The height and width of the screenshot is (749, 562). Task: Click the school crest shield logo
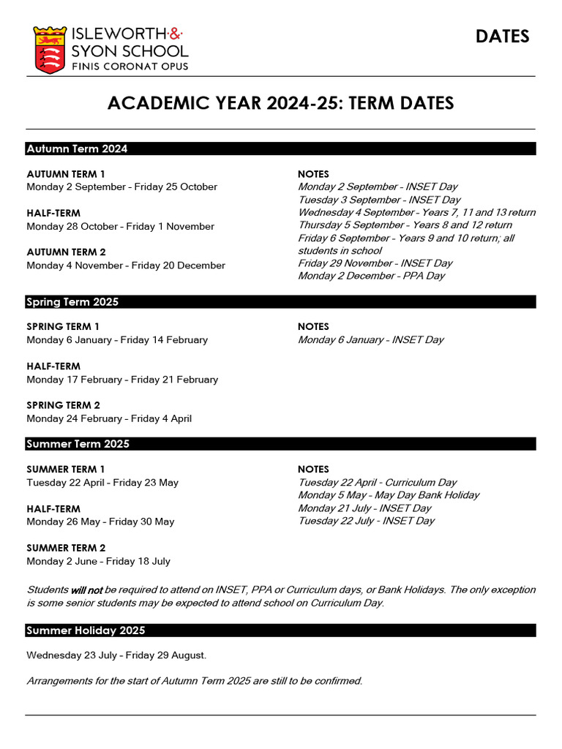pos(50,49)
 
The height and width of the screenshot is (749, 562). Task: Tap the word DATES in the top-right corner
pos(502,37)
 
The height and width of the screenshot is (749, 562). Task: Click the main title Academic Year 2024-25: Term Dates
pos(280,103)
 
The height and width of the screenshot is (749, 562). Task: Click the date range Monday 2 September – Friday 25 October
pos(121,187)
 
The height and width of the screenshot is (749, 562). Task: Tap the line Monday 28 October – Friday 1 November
pos(120,227)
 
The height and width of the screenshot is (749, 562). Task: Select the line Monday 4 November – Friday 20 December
pos(126,266)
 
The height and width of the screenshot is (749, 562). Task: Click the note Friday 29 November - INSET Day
pos(375,263)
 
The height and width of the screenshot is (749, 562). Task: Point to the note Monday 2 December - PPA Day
pos(371,276)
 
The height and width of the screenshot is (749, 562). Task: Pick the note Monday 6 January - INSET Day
pos(370,340)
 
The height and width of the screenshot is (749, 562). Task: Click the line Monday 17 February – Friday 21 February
pos(122,380)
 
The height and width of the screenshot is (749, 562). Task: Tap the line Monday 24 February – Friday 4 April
pos(109,419)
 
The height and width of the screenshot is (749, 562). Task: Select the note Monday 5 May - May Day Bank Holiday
pos(389,495)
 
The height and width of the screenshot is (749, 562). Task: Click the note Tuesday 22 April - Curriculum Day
pos(377,483)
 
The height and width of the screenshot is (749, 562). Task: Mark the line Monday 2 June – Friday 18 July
pos(98,562)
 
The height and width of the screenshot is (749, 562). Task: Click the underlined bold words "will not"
pos(86,590)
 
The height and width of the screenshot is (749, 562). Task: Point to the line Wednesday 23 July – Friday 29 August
pos(116,655)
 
